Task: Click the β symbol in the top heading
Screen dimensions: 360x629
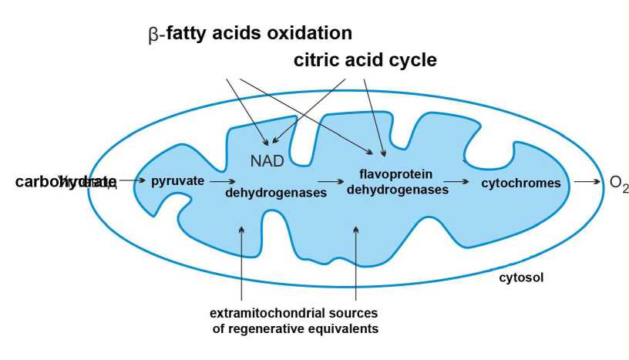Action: [152, 35]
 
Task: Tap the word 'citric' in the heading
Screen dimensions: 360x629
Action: [317, 60]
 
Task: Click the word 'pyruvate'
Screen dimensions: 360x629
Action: [177, 181]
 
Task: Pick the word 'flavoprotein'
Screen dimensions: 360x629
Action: [397, 174]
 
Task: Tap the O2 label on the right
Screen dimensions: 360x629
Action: [618, 183]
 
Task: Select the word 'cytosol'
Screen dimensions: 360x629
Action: [521, 277]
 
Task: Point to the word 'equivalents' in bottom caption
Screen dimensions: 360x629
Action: [343, 329]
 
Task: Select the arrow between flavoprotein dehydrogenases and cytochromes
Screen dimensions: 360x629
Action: [458, 183]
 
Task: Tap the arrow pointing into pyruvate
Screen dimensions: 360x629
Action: [131, 181]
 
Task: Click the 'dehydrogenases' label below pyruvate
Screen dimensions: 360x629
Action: [275, 193]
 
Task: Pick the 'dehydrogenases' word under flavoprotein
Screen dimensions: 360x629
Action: [397, 190]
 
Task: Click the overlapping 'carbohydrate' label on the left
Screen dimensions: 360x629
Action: [66, 181]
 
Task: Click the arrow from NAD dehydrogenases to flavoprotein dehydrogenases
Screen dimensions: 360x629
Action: [331, 183]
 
